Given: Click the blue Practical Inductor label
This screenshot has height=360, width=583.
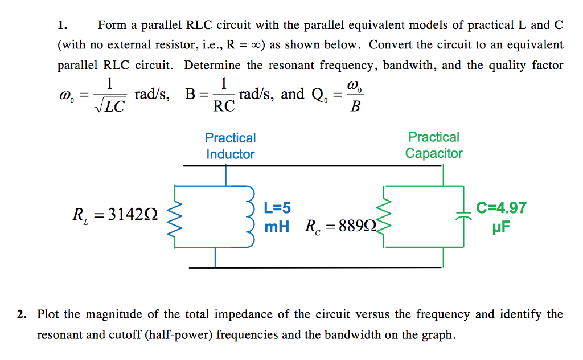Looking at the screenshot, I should point(230,146).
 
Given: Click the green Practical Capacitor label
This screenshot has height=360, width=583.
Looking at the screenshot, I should point(434,145).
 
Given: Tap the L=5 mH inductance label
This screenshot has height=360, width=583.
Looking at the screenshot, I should point(277,218).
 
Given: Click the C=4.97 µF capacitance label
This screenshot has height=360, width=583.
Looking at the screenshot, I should point(501,218).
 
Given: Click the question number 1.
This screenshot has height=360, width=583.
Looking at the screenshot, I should point(61,25).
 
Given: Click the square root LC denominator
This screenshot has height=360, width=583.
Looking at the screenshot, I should point(110,107).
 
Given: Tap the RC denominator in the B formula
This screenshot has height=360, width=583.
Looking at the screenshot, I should point(223,105).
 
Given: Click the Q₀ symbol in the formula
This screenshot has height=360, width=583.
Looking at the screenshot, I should point(319,96).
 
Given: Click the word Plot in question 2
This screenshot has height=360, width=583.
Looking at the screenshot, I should point(49,314).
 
